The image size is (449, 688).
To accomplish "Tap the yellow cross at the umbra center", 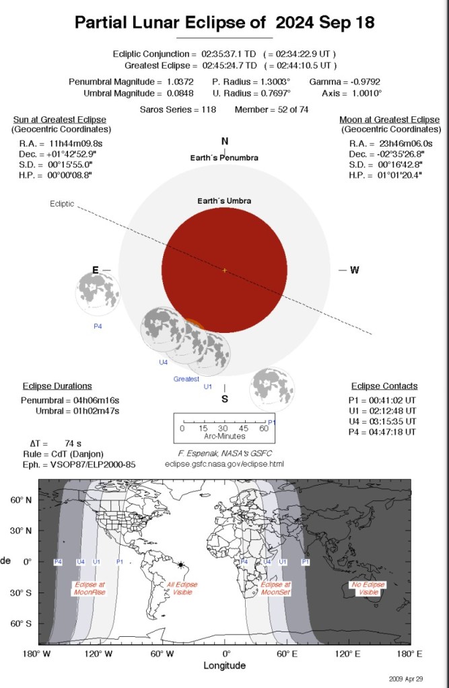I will pyautogui.click(x=225, y=270).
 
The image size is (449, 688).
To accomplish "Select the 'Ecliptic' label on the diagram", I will pyautogui.click(x=62, y=204).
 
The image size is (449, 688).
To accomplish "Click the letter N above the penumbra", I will pyautogui.click(x=225, y=141).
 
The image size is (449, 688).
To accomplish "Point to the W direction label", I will pyautogui.click(x=354, y=270).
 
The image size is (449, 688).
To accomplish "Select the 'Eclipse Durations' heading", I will pyautogui.click(x=57, y=386).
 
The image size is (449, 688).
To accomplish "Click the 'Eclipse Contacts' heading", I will pyautogui.click(x=384, y=386).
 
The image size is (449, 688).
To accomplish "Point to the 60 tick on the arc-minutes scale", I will pyautogui.click(x=263, y=428).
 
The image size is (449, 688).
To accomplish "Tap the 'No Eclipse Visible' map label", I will pyautogui.click(x=368, y=588).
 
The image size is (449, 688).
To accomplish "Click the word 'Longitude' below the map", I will pyautogui.click(x=225, y=666).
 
